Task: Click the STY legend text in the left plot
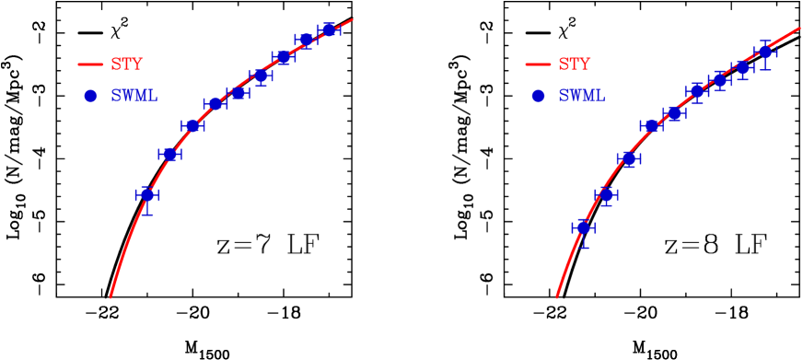(126, 64)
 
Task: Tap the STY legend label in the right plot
(574, 64)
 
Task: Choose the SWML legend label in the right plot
(581, 96)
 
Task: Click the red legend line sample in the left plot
(90, 64)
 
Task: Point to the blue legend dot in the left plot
(90, 96)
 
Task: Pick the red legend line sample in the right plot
(538, 64)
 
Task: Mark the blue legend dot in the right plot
(538, 96)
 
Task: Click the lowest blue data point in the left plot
(146, 195)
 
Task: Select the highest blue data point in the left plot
(329, 29)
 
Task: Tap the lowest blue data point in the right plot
(583, 227)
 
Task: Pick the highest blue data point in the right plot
(765, 52)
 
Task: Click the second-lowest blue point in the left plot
(169, 154)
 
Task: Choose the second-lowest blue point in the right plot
(606, 194)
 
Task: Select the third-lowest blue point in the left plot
(192, 125)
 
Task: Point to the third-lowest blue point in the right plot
(629, 158)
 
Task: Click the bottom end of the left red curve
(111, 296)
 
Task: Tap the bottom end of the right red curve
(556, 297)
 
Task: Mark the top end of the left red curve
(353, 19)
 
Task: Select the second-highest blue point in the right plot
(742, 68)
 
